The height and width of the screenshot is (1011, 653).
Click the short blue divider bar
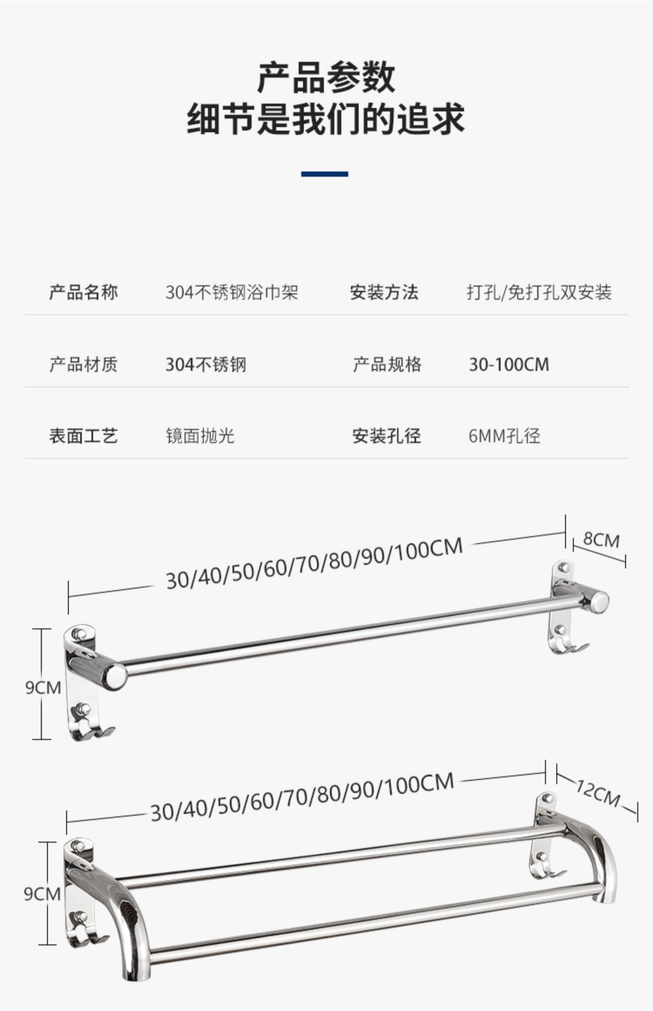tap(325, 174)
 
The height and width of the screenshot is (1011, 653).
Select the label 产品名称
tap(84, 292)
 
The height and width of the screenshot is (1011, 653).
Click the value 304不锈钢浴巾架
tap(232, 292)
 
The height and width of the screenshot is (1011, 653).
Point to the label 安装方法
tap(384, 292)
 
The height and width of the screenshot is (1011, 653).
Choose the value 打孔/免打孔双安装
tap(539, 292)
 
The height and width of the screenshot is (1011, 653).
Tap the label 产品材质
tap(84, 364)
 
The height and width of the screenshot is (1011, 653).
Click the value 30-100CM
tap(509, 364)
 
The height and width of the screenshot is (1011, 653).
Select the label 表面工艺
tap(84, 436)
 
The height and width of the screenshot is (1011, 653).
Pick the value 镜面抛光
tap(200, 436)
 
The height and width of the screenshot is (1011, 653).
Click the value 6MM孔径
tap(505, 436)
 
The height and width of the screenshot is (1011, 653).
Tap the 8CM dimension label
tap(601, 540)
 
